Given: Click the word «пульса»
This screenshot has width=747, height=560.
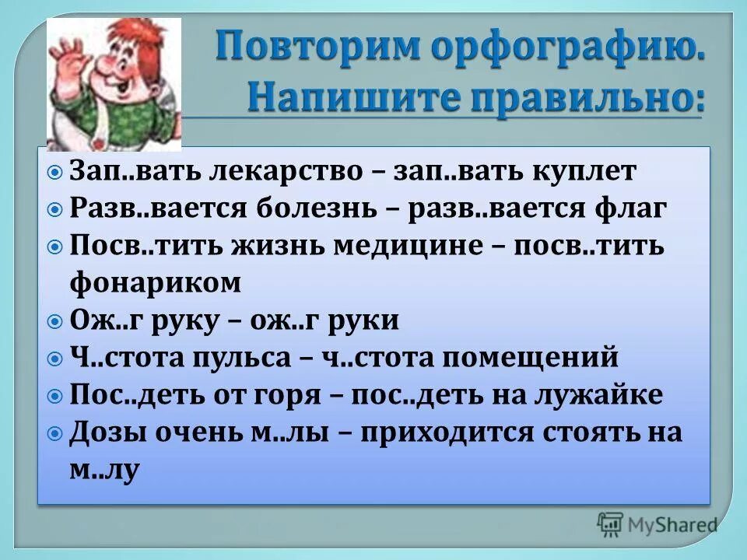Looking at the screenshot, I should pyautogui.click(x=244, y=358).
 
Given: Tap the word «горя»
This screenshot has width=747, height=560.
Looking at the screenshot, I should pyautogui.click(x=291, y=396).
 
